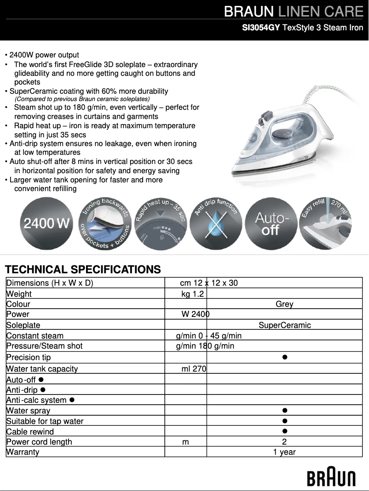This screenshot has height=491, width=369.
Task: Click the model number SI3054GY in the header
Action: (261, 28)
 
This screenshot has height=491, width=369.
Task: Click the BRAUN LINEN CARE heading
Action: (294, 11)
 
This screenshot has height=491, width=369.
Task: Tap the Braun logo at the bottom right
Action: (331, 478)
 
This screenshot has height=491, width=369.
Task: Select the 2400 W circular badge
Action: (47, 224)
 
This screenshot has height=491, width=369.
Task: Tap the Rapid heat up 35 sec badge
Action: (160, 224)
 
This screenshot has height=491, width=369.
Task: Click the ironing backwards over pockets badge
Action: (104, 224)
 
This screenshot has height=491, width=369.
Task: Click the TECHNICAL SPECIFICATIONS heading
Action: (83, 269)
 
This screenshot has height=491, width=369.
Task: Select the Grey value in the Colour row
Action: (284, 304)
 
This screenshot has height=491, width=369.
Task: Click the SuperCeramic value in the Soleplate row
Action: (284, 325)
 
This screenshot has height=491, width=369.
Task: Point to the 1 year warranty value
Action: (284, 452)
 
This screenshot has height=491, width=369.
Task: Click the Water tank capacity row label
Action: (42, 369)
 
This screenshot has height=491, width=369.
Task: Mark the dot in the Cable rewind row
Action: (285, 431)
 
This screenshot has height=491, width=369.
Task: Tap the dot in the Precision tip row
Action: (285, 357)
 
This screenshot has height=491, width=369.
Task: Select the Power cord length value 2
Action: (284, 442)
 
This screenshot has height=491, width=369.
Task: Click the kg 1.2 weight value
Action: (193, 294)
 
